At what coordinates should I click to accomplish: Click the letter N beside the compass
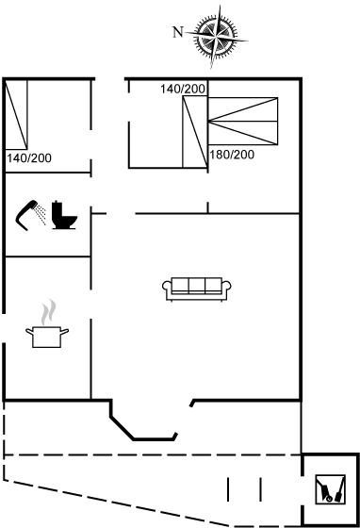(x=178, y=32)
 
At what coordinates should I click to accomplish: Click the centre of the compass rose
(x=216, y=36)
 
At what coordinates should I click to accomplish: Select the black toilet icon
(x=64, y=215)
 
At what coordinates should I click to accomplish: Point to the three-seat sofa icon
(x=196, y=289)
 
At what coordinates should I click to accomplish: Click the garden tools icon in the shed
(x=331, y=489)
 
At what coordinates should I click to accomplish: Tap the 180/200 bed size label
(x=232, y=155)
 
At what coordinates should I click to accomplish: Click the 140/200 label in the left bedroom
(x=29, y=158)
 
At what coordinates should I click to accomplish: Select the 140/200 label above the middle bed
(x=183, y=89)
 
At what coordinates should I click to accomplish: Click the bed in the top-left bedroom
(x=16, y=115)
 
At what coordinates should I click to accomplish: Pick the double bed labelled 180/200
(x=243, y=122)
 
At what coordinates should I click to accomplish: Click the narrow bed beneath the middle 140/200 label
(x=195, y=132)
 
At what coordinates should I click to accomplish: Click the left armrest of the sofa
(x=167, y=289)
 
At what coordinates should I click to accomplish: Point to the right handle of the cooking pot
(x=65, y=332)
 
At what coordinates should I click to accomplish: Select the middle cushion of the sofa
(x=197, y=285)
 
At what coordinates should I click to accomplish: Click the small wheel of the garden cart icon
(x=329, y=499)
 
